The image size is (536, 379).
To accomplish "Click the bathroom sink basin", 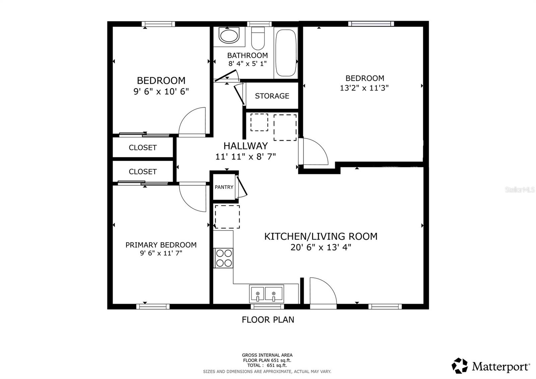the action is (x=229, y=36).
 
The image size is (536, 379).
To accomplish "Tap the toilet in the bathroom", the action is (x=258, y=38).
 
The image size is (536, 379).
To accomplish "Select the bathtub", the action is (x=286, y=53).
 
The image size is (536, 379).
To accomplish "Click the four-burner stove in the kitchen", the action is (x=223, y=258).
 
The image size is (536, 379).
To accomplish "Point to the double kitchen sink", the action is (x=266, y=294).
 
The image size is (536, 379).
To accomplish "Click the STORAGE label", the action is (x=272, y=96).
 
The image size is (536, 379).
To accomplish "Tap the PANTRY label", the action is (x=224, y=187).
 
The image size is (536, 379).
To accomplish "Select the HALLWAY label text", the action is (x=246, y=146).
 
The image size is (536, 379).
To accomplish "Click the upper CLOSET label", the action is (x=143, y=148).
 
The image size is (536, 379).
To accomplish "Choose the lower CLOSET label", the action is (x=143, y=171).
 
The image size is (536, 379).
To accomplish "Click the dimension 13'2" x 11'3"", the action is (x=364, y=88).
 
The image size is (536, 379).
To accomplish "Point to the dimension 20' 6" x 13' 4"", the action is (x=321, y=247).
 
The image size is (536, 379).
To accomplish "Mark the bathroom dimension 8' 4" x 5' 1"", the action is (x=248, y=63).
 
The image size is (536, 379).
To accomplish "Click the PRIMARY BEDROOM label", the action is (x=161, y=245).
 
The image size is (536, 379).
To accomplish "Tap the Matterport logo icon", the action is (x=459, y=366).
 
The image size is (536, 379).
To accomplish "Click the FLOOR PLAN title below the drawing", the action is (x=268, y=320).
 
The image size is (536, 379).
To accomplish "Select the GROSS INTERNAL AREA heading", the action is (x=267, y=355).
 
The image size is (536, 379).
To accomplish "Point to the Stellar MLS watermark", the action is (x=520, y=190).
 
